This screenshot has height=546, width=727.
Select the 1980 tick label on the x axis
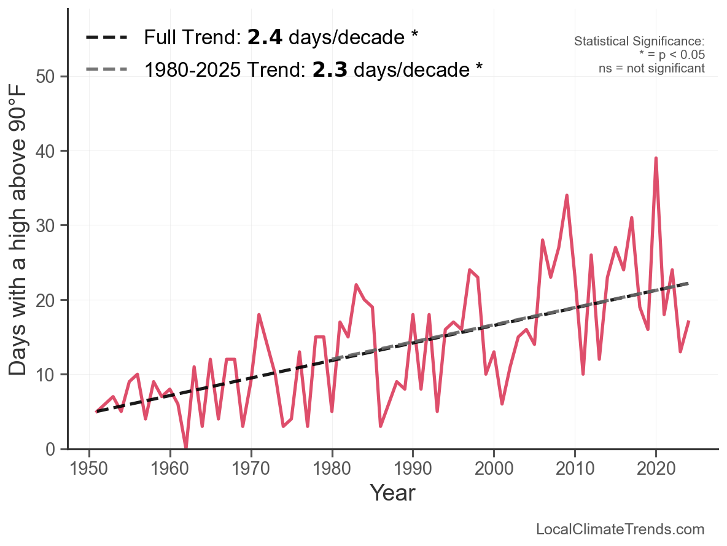pos(332,469)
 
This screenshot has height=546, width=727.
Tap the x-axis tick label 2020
pos(656,469)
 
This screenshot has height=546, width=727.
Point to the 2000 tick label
pos(494,469)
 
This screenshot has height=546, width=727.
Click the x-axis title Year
pos(392,493)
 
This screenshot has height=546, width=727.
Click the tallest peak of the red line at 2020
pos(656,158)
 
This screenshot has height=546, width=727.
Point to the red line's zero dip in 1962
pos(186,448)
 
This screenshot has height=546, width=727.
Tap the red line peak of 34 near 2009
pos(567,196)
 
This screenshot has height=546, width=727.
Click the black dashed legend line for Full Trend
pos(106,37)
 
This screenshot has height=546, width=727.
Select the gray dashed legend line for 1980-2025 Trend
pos(106,69)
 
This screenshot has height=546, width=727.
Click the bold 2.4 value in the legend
pos(265,37)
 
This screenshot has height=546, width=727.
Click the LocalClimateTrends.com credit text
pos(620,529)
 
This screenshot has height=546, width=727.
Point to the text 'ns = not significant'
pos(651,68)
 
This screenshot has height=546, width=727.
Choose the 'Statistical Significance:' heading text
pos(639,41)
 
